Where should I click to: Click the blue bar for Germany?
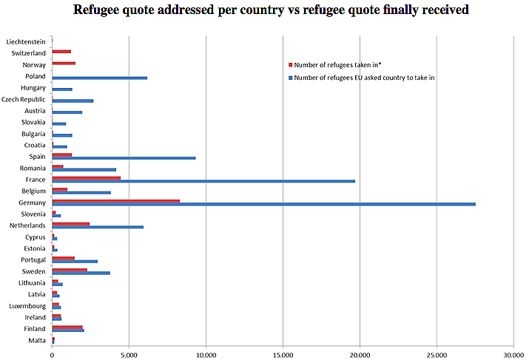[x=263, y=204]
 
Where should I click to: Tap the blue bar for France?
[x=203, y=181]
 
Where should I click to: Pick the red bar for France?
[x=86, y=177]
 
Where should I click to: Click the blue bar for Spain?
[x=124, y=158]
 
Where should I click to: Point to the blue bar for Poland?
[x=99, y=78]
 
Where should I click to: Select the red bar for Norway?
[x=64, y=64]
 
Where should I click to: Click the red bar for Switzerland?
[x=61, y=52]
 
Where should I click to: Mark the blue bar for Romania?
[x=84, y=170]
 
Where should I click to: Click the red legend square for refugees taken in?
[x=291, y=65]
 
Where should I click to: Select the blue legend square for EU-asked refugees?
[x=291, y=77]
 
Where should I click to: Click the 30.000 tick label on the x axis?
[x=513, y=354]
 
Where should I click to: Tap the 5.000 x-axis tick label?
[x=129, y=354]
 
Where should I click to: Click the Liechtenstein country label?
[x=25, y=42]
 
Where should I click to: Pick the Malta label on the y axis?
[x=37, y=340]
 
